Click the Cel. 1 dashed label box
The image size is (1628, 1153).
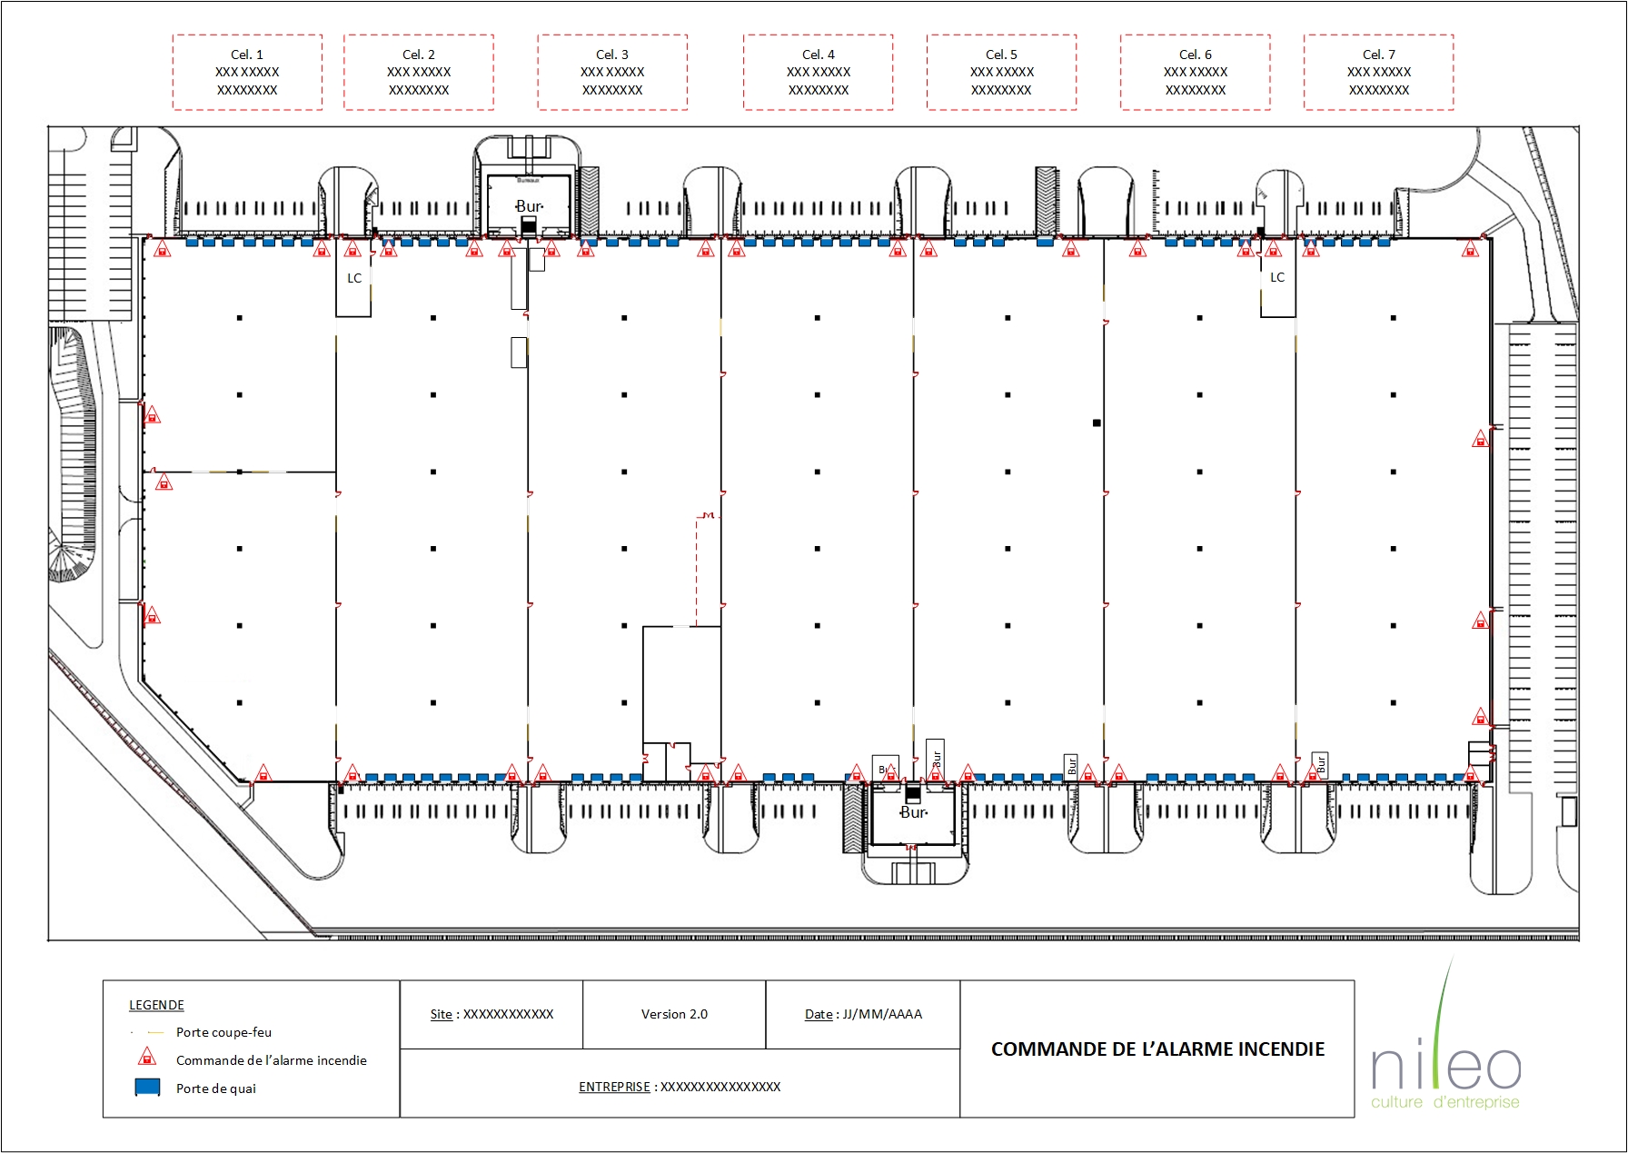click(x=247, y=73)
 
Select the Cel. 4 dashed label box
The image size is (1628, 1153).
click(x=818, y=73)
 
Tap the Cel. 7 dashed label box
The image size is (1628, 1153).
click(x=1378, y=73)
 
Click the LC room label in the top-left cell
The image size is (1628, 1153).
click(x=354, y=278)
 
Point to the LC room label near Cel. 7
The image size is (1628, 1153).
click(x=1277, y=277)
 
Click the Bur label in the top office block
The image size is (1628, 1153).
click(x=529, y=206)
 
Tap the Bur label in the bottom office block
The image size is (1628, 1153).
click(x=913, y=812)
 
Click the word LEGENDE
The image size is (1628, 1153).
click(x=156, y=1005)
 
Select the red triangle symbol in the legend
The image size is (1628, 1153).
click(x=146, y=1058)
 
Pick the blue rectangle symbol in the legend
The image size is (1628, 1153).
click(x=147, y=1087)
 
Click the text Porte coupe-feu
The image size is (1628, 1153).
click(x=223, y=1032)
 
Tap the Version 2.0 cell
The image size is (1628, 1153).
click(x=674, y=1014)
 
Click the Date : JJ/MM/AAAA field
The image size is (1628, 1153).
click(x=863, y=1014)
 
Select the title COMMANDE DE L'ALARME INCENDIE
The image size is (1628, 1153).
click(x=1157, y=1049)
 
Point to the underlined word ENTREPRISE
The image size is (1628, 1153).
click(x=614, y=1087)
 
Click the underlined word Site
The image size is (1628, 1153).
click(x=441, y=1014)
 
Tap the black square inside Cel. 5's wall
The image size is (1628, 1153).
click(x=1097, y=422)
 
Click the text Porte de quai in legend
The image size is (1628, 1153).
click(x=216, y=1088)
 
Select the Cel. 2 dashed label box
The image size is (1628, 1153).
click(x=419, y=73)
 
